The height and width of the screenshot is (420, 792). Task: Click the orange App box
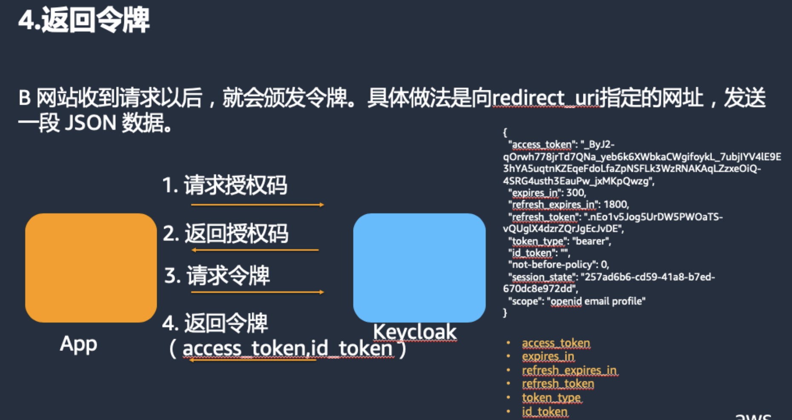91,268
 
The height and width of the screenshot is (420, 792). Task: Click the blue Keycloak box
419,268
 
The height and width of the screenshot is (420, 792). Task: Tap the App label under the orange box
79,344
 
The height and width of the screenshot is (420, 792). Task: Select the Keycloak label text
415,332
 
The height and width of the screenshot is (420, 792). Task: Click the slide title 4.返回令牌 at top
84,20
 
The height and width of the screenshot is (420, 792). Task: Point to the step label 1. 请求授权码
225,185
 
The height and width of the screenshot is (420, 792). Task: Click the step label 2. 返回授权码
226,233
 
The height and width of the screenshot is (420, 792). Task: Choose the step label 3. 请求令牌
217,275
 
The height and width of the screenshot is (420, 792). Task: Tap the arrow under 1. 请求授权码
258,205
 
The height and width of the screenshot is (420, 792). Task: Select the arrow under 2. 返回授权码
255,250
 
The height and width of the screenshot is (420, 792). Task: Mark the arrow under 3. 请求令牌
258,292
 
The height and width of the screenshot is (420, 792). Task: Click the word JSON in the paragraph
91,123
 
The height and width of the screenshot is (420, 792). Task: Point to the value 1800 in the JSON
615,204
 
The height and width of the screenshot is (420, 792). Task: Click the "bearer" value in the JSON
591,241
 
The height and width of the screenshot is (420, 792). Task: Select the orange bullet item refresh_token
558,384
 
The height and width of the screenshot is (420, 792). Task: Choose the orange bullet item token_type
551,398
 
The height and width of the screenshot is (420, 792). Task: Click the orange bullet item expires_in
548,356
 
